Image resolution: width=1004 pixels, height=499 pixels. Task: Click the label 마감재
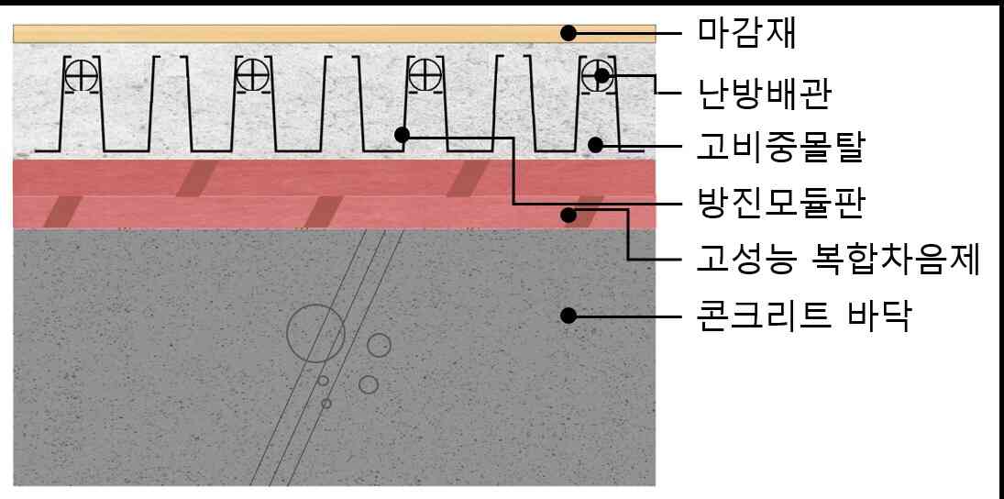[x=746, y=33]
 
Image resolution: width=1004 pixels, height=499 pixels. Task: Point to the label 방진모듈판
[x=780, y=204]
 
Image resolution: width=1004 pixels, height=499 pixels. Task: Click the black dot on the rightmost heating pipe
[x=601, y=75]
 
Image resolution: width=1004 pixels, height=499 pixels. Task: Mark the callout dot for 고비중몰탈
[x=595, y=146]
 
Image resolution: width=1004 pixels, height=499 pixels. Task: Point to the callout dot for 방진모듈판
[x=403, y=135]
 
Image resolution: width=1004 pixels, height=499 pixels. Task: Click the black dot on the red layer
[x=568, y=214]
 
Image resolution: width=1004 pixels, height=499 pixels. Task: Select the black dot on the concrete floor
[x=568, y=316]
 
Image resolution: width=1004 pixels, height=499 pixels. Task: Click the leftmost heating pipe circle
[x=81, y=76]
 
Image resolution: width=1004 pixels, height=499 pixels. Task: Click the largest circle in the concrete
[x=315, y=334]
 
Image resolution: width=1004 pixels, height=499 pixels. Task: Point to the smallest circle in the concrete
[x=326, y=404]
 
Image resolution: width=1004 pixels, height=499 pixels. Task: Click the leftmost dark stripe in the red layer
[x=62, y=212]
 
